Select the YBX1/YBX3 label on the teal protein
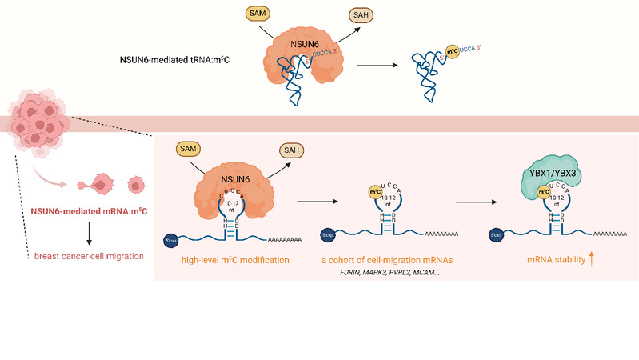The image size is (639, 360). (x=552, y=172)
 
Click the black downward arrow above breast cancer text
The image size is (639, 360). (x=88, y=232)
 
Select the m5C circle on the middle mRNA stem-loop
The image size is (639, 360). (x=373, y=192)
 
